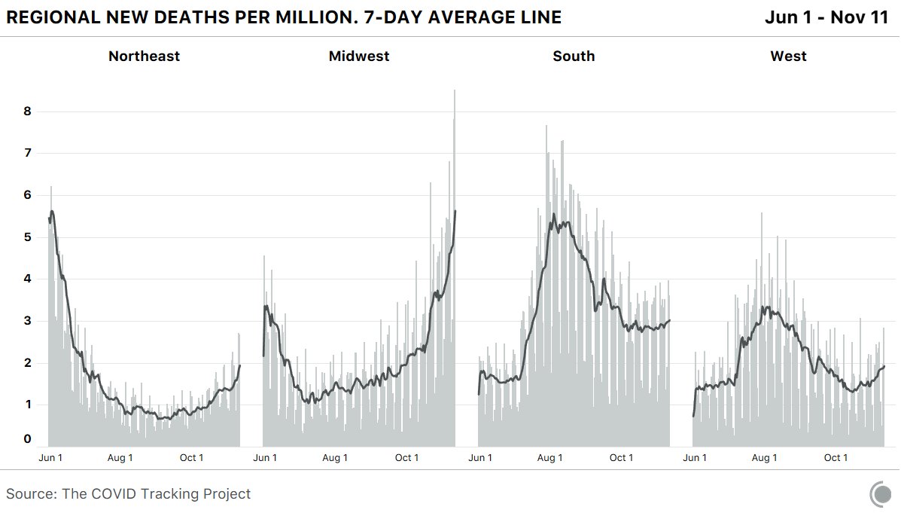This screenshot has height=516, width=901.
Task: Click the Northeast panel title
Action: click(144, 56)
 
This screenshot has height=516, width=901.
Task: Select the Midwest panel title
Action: click(359, 56)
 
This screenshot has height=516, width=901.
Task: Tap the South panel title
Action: click(574, 56)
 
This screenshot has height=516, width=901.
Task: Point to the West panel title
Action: click(788, 56)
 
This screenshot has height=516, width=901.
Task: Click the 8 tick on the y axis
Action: click(27, 112)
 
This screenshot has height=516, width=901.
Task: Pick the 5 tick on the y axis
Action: click(27, 237)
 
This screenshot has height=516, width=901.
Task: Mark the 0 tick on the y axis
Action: click(27, 439)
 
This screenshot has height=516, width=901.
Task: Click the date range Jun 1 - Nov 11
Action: click(826, 17)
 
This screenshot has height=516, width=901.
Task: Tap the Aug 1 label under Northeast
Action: click(120, 458)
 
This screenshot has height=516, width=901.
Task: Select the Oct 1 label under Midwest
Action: click(407, 458)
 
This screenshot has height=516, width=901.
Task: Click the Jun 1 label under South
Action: click(480, 458)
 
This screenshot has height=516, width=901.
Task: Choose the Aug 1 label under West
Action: click(765, 458)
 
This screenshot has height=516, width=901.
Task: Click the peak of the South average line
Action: click(554, 215)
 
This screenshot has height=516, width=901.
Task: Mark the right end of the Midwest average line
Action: click(455, 211)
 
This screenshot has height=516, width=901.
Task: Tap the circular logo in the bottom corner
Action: click(881, 495)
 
